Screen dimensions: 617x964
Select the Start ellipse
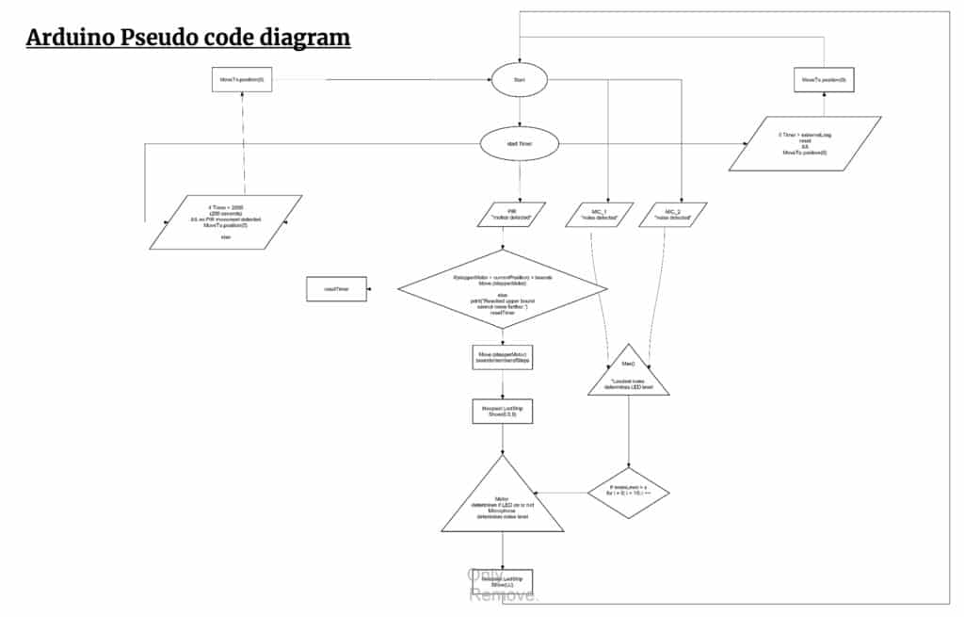tap(519, 81)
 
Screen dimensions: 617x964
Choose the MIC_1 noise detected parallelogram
tap(602, 215)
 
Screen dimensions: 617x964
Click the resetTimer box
tap(336, 289)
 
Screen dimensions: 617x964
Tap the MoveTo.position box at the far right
tap(824, 80)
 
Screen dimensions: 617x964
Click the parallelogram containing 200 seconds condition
tap(226, 222)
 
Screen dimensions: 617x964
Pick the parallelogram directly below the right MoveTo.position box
tap(805, 143)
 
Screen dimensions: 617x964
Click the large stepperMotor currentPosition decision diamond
tap(503, 289)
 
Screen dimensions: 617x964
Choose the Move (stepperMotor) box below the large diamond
tap(503, 356)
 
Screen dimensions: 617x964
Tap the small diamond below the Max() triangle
tap(629, 492)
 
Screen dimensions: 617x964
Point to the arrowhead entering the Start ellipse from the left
tap(488, 81)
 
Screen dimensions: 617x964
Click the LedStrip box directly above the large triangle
tap(503, 412)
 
